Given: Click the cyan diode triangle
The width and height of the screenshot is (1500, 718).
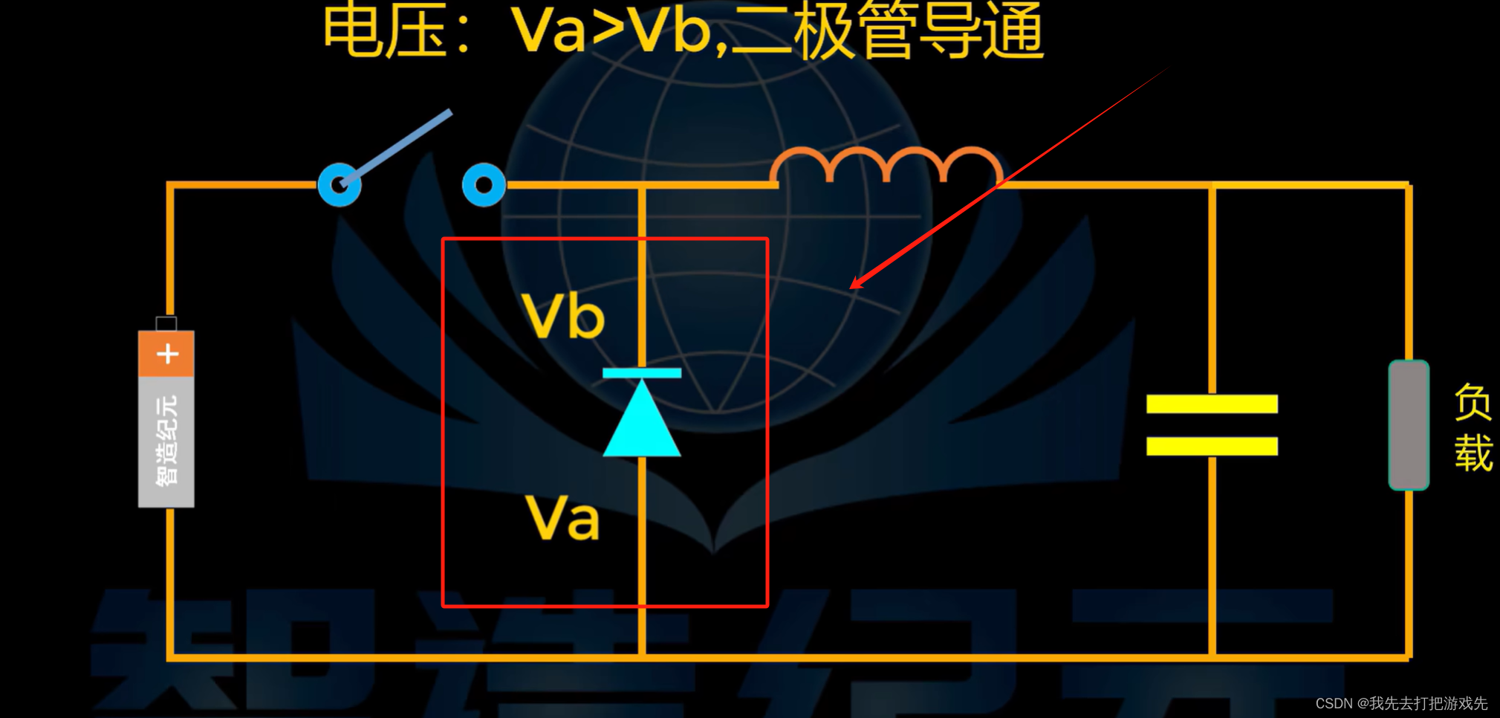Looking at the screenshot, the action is point(642,424).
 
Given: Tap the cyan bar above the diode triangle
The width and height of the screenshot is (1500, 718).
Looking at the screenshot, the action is point(642,373).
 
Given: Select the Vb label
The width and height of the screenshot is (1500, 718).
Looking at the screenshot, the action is point(563,316).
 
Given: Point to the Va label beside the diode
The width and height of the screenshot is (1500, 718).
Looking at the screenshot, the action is point(562,517).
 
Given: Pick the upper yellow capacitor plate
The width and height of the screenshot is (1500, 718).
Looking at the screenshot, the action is point(1212,404).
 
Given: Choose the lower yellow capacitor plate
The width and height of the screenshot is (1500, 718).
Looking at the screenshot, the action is point(1212,446).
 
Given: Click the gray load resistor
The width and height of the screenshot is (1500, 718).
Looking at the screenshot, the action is point(1409,425).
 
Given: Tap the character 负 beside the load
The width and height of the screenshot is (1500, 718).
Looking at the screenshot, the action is point(1473,402).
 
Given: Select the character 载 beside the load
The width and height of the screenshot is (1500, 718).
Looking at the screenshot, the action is point(1473,453).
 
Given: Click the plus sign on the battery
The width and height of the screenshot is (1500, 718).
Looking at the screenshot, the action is point(167,354).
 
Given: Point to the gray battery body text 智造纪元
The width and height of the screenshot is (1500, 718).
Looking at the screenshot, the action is point(166,441).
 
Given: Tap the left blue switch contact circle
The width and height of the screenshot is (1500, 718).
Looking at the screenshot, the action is point(340,184).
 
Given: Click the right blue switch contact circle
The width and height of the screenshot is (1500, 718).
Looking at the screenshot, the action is point(484,184).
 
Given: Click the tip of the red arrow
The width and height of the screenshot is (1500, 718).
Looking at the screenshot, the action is point(852,287).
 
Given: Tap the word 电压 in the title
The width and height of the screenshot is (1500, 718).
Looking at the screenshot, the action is point(385,31).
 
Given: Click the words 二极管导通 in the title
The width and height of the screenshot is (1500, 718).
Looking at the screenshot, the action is point(889,31).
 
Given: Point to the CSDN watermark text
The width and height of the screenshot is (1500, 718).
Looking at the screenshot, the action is point(1401,703).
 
